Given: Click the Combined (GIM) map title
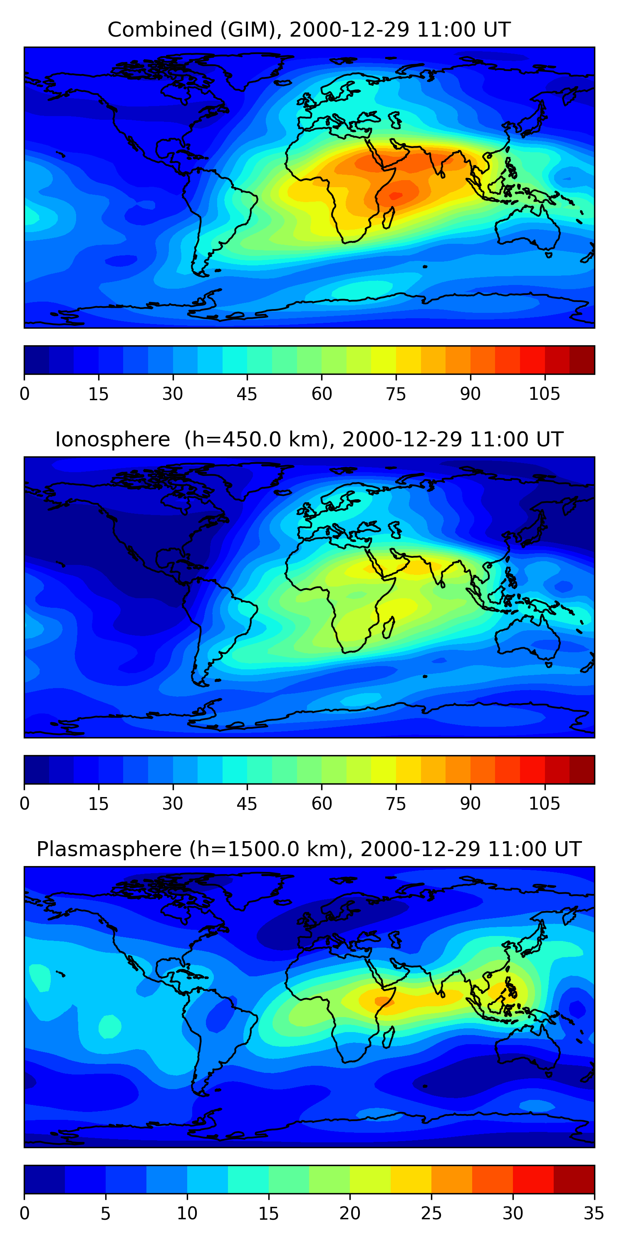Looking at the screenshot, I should (309, 30).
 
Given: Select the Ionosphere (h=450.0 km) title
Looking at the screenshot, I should (309, 439).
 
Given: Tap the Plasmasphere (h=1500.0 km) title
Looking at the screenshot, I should (309, 849).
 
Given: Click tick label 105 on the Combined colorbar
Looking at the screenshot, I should (544, 394).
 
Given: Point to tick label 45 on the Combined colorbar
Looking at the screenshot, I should (247, 394).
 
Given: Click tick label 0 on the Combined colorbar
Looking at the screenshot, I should (25, 394).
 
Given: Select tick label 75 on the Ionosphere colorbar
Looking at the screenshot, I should (395, 804).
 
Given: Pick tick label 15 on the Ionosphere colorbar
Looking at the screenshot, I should (98, 804).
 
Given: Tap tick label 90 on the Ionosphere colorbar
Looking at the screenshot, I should (470, 804).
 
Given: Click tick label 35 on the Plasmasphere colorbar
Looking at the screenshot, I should (594, 1213).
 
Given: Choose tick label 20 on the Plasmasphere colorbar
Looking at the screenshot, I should (350, 1213).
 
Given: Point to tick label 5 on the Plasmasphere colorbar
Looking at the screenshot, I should (106, 1213).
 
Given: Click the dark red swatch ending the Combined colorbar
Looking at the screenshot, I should (582, 360).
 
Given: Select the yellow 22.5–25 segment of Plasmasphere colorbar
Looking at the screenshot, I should (411, 1180).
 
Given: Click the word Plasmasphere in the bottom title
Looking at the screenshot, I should (109, 849).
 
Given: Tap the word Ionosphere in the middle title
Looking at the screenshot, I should (112, 439).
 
